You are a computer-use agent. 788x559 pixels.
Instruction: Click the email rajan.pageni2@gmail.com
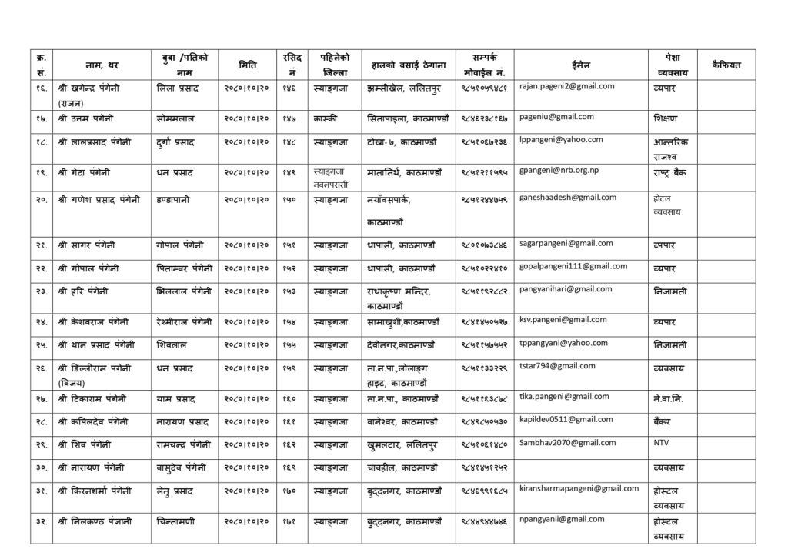[566, 86]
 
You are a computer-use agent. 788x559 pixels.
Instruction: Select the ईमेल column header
[583, 65]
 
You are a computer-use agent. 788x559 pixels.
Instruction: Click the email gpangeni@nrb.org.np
[558, 169]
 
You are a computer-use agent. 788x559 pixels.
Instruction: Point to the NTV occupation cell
[661, 444]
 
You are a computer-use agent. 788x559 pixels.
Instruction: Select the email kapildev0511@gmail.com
[566, 419]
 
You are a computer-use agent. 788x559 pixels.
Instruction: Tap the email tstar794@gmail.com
[557, 366]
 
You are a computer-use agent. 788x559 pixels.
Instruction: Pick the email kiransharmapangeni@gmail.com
[579, 488]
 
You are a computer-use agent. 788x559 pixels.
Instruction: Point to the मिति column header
[248, 65]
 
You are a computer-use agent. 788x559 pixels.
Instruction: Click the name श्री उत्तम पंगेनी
[87, 118]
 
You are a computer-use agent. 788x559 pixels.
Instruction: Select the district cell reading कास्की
[326, 118]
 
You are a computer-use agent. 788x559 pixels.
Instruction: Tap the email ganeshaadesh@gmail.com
[568, 198]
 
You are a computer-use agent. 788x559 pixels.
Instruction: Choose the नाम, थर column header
[102, 65]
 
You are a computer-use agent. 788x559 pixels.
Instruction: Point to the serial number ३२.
[41, 521]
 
